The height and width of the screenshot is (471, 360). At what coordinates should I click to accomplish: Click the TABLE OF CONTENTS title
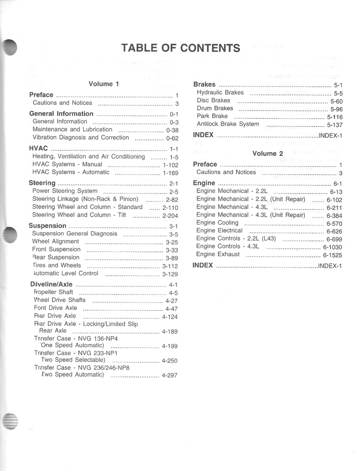click(x=180, y=48)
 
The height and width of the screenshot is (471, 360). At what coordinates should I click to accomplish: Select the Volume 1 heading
click(x=103, y=84)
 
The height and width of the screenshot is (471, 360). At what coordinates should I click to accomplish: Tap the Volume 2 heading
click(x=268, y=154)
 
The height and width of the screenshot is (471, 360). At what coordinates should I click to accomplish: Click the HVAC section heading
click(x=38, y=149)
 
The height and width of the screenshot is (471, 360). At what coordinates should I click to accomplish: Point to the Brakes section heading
click(x=204, y=85)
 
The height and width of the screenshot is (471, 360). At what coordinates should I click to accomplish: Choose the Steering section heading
click(x=42, y=183)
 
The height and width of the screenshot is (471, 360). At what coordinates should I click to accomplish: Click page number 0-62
click(x=172, y=138)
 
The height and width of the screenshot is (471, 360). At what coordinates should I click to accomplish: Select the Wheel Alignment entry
click(x=55, y=241)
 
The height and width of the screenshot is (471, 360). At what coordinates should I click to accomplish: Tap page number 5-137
click(x=335, y=125)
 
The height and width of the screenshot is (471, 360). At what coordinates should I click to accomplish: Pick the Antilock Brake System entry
click(x=228, y=124)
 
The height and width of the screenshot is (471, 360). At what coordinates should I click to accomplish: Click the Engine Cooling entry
click(x=217, y=223)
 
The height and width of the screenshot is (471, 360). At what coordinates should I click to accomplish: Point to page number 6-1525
click(x=332, y=255)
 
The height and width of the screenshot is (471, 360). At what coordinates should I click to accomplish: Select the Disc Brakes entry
click(x=213, y=101)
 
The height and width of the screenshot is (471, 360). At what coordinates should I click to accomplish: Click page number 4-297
click(x=169, y=375)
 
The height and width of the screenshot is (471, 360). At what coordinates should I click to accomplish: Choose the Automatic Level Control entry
click(x=66, y=273)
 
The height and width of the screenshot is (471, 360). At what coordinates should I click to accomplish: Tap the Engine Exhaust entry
click(x=217, y=254)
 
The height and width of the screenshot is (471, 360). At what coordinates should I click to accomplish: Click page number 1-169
click(x=170, y=173)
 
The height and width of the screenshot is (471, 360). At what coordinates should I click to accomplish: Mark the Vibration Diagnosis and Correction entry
click(x=80, y=138)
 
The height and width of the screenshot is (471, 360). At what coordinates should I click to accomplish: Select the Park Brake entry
click(x=212, y=116)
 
